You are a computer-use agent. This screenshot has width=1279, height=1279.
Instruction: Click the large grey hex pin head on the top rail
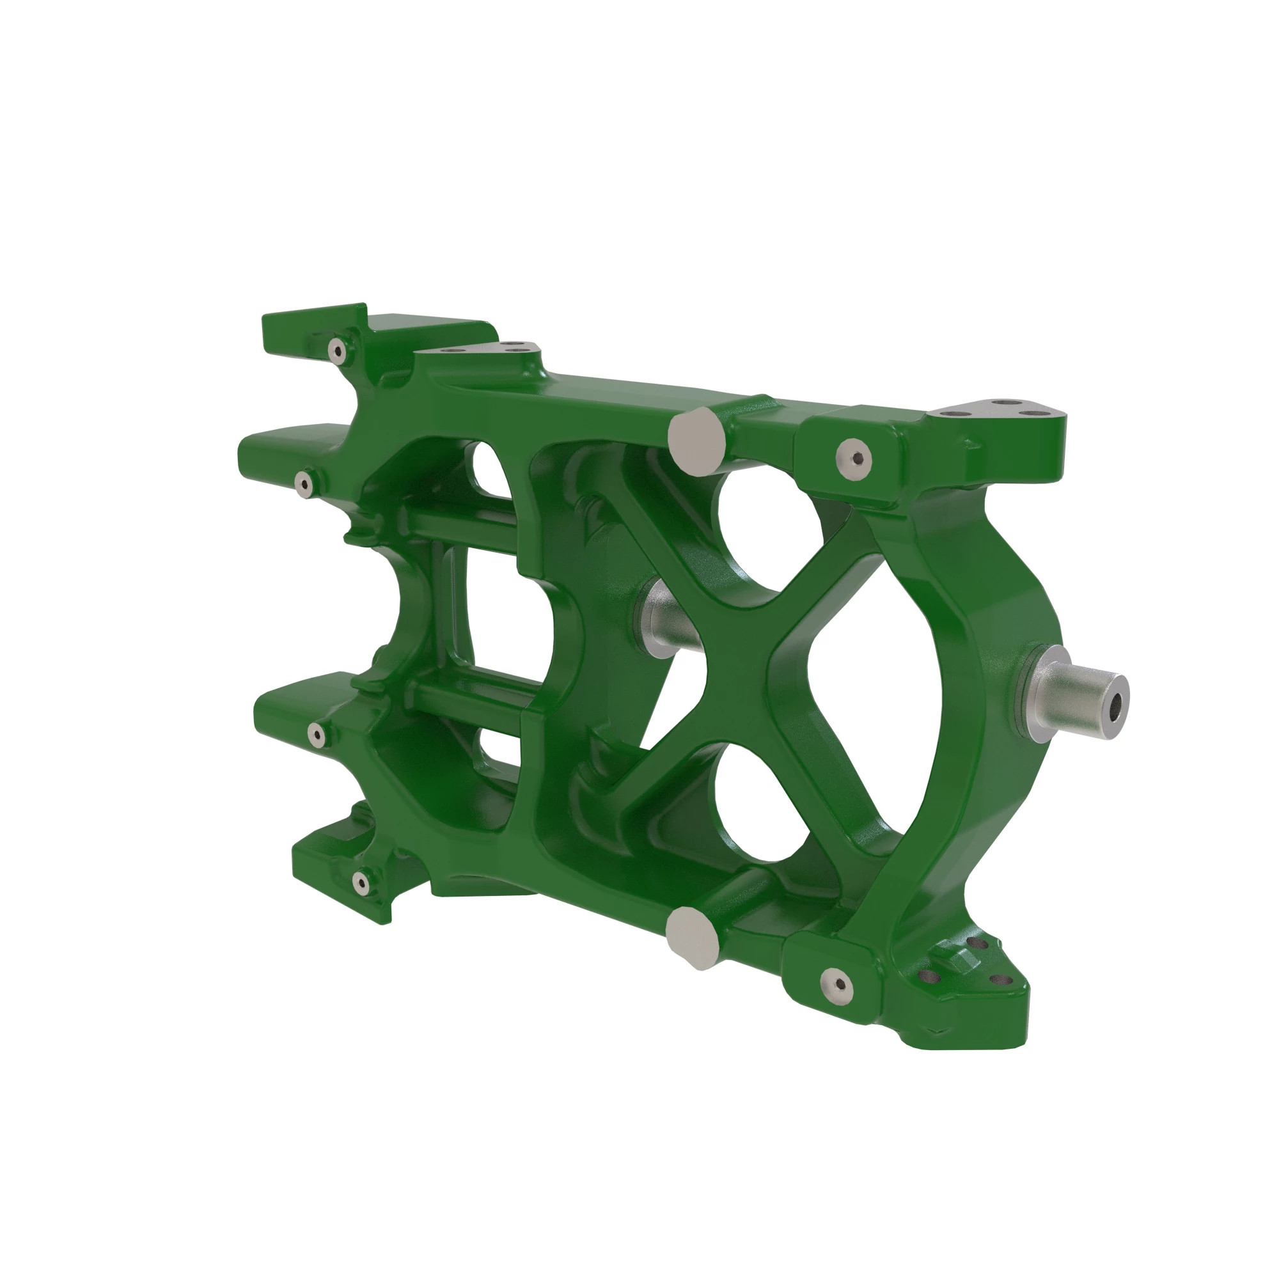[x=696, y=441]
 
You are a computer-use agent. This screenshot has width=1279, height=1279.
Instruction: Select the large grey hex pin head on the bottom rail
[x=693, y=938]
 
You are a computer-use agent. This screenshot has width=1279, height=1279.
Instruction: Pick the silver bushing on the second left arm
[x=304, y=484]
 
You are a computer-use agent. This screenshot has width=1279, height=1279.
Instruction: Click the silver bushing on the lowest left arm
[x=361, y=882]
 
